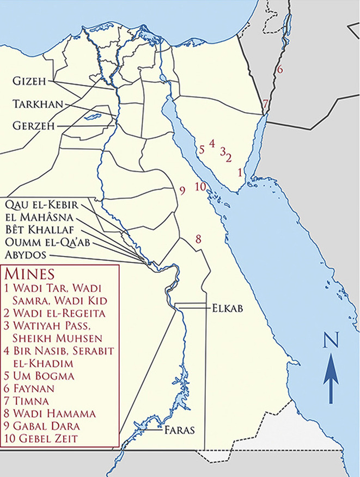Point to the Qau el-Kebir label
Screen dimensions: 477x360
tap(40, 205)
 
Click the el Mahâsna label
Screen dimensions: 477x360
tap(36, 217)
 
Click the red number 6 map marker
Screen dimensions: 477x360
tap(279, 69)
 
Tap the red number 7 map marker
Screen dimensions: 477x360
tap(265, 103)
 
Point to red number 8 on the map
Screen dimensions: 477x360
tap(199, 238)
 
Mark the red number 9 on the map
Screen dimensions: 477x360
tap(182, 189)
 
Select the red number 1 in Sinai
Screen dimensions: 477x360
tap(240, 173)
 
